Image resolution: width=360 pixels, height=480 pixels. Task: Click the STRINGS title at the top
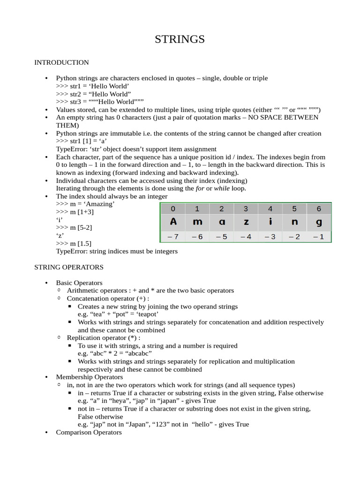pyautogui.click(x=180, y=39)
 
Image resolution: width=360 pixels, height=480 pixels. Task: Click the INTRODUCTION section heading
pyautogui.click(x=61, y=62)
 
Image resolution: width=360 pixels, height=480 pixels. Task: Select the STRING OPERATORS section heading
pyautogui.click(x=68, y=267)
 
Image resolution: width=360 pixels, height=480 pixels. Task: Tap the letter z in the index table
pyautogui.click(x=246, y=222)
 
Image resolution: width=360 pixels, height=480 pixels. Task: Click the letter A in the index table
pyautogui.click(x=173, y=222)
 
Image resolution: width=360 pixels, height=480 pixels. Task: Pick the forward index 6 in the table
pyautogui.click(x=319, y=209)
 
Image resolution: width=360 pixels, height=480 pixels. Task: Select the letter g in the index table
pyautogui.click(x=319, y=222)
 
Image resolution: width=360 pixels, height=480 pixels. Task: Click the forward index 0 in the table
pyautogui.click(x=173, y=209)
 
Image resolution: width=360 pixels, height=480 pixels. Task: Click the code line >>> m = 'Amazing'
pyautogui.click(x=85, y=204)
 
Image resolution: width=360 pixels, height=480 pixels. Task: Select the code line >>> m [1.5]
pyautogui.click(x=74, y=243)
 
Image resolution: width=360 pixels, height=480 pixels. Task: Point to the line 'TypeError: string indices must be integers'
pyautogui.click(x=117, y=251)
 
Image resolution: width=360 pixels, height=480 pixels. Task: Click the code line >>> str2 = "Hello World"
pyautogui.click(x=93, y=94)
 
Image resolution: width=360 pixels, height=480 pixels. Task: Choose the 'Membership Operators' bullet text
pyautogui.click(x=90, y=377)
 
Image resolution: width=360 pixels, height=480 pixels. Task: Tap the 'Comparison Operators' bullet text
pyautogui.click(x=89, y=432)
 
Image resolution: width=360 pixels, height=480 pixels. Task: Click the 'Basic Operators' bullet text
pyautogui.click(x=79, y=283)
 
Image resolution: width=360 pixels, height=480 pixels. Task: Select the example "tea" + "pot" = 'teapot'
pyautogui.click(x=118, y=314)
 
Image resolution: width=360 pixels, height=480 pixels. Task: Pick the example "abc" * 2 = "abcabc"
pyautogui.click(x=114, y=353)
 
